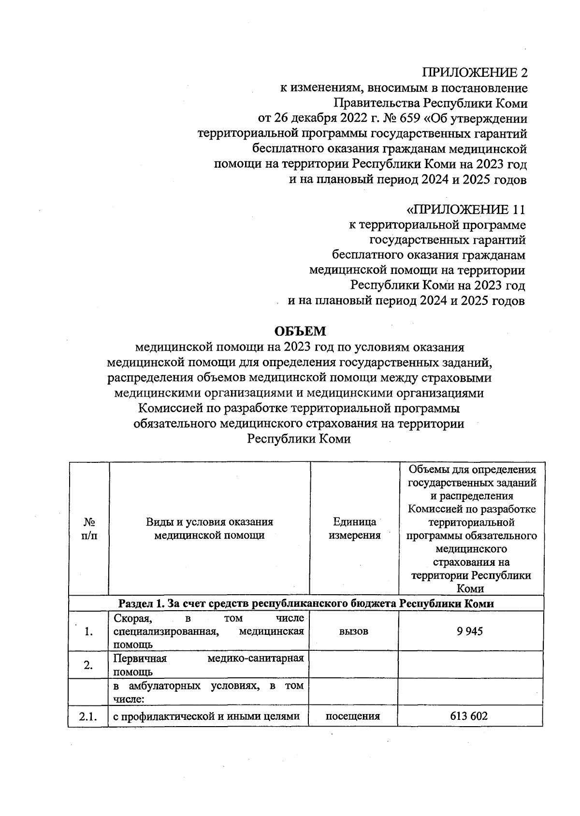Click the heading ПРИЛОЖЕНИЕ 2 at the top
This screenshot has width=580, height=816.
475,72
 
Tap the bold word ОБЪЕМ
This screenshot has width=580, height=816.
300,331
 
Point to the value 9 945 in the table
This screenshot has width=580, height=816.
470,631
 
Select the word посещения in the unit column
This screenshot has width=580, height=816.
353,716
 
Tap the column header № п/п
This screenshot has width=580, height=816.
89,529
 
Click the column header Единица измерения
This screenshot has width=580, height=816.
354,529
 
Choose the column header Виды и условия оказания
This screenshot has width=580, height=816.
209,522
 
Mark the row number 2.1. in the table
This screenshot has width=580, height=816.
88,716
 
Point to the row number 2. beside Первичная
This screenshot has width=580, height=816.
88,665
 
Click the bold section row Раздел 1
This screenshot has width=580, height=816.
305,603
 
